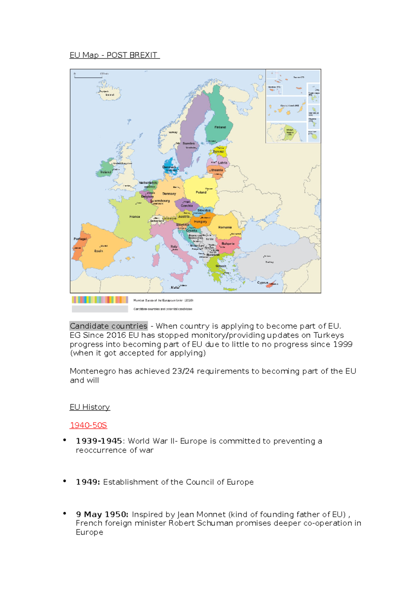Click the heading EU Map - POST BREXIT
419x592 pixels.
click(114, 55)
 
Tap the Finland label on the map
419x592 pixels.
click(220, 127)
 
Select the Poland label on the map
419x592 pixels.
click(201, 192)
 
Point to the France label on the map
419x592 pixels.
click(134, 217)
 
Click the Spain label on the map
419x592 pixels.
click(98, 251)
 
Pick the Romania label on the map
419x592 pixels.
click(225, 227)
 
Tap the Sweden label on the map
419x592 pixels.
click(189, 143)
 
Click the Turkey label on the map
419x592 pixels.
click(269, 262)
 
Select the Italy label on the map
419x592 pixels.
click(174, 246)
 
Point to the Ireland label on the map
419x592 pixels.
click(106, 172)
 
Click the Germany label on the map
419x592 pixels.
click(169, 194)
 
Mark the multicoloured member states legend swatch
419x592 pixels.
click(100, 300)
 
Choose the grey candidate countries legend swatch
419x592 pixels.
click(100, 309)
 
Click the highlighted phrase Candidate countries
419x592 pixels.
click(109, 326)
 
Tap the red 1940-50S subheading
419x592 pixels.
click(88, 425)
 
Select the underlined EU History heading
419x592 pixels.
click(90, 407)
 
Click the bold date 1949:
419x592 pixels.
click(88, 482)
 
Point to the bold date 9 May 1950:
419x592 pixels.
click(102, 515)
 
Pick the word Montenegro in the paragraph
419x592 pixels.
click(93, 371)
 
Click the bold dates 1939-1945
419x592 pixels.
click(99, 441)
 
